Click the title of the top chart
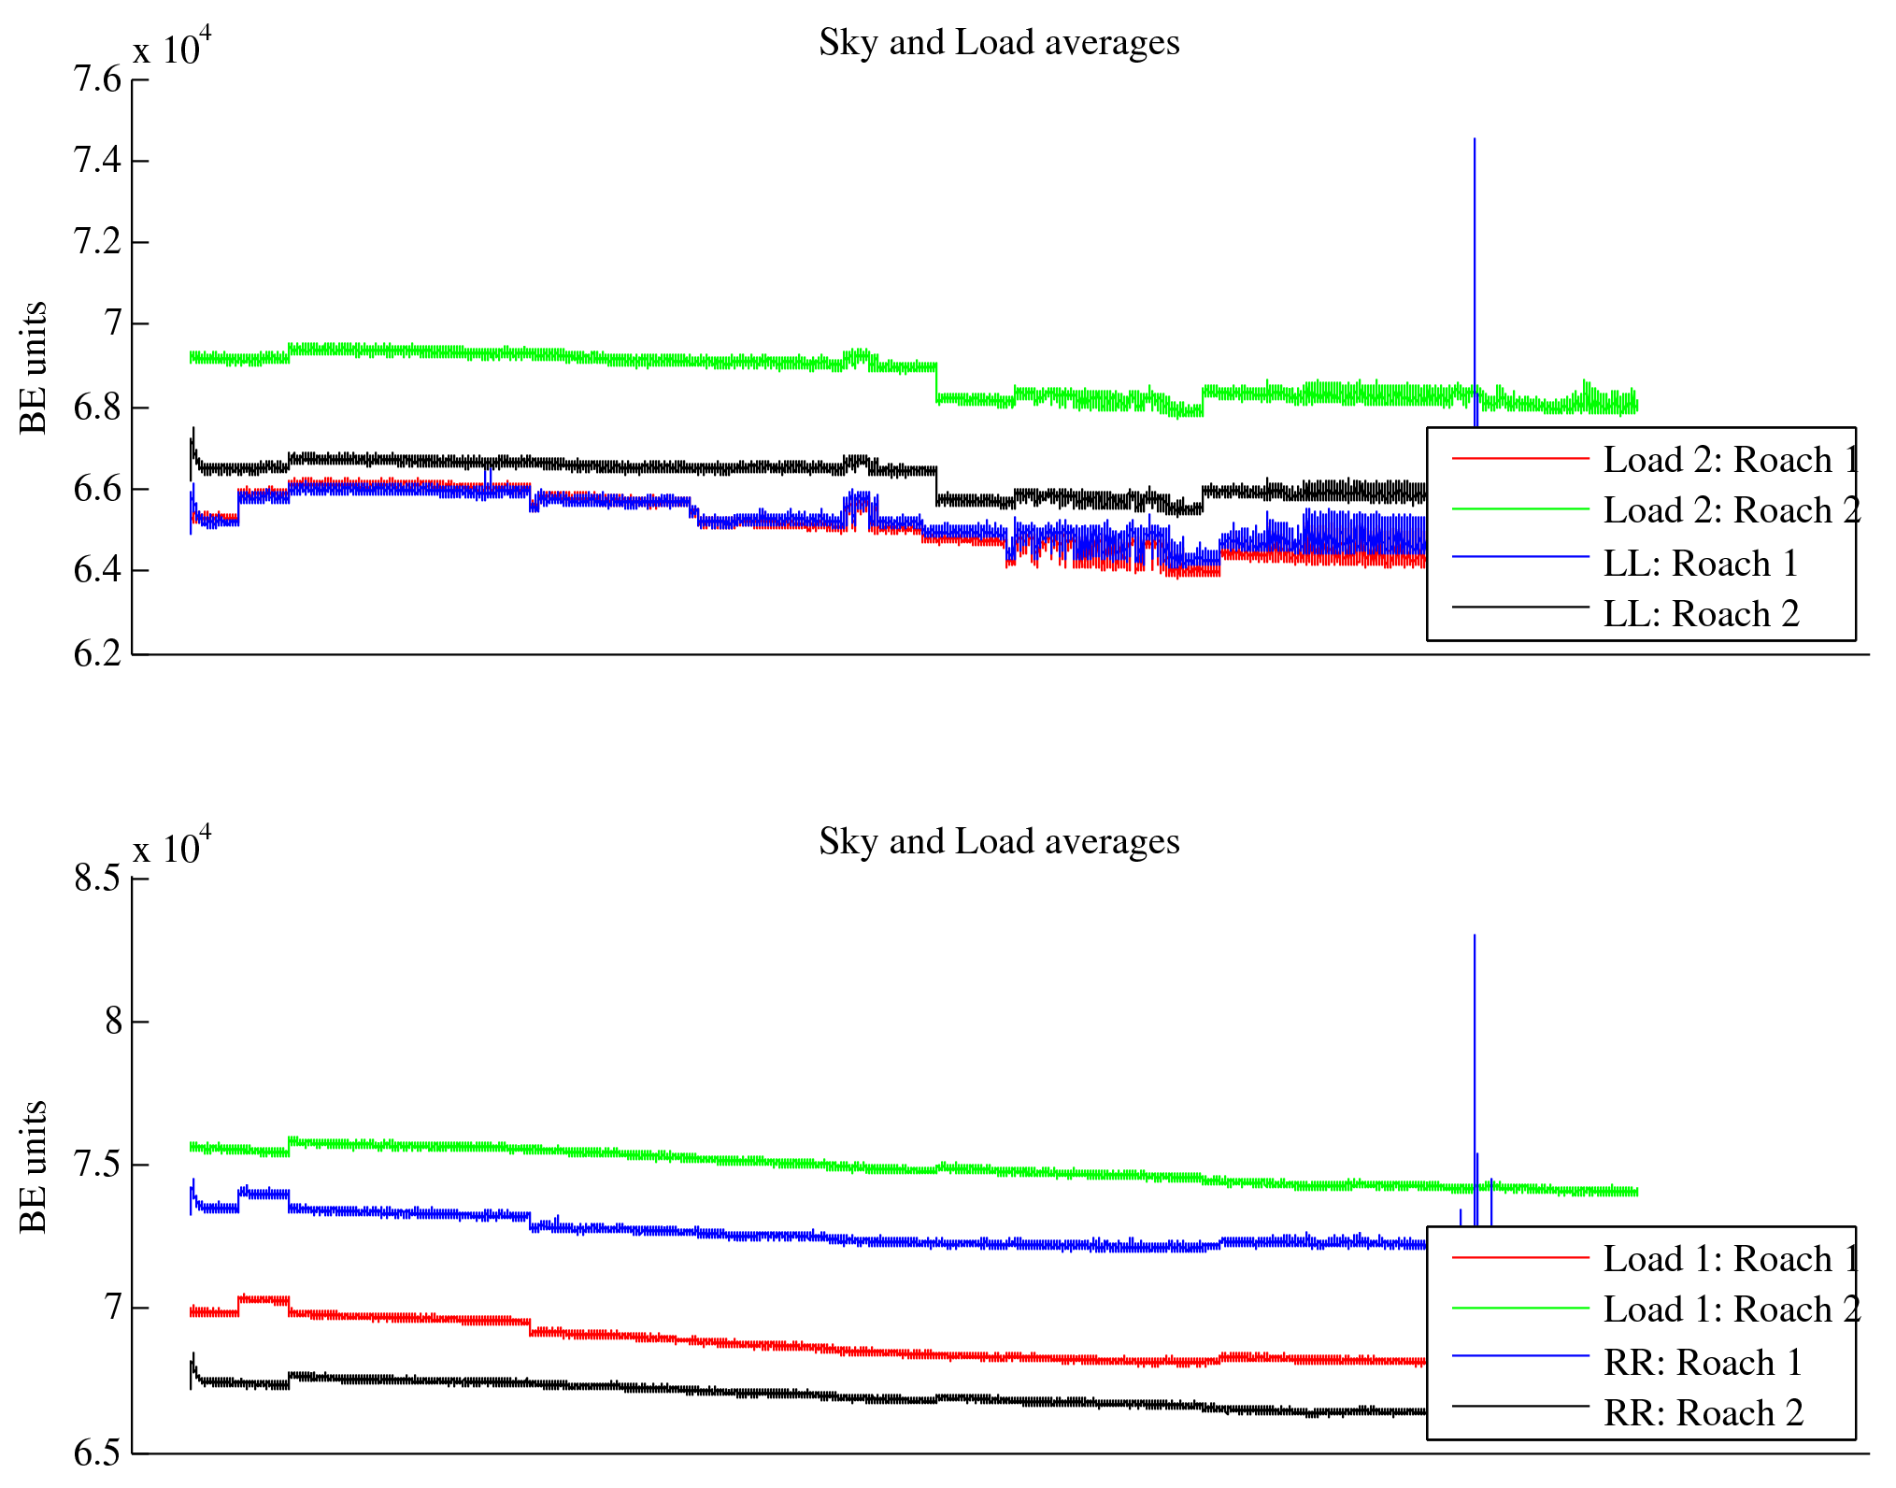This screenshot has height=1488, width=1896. click(999, 43)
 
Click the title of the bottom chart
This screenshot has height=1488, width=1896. click(999, 842)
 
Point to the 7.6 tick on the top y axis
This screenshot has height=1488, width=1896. click(97, 79)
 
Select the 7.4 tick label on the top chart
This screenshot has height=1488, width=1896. click(97, 161)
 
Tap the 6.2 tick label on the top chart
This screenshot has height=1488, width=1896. click(97, 653)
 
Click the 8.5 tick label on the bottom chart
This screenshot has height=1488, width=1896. click(97, 879)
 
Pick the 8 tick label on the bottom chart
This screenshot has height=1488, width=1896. click(113, 1021)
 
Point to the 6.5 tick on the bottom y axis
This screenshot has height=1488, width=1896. click(97, 1452)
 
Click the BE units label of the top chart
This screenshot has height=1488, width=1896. click(34, 367)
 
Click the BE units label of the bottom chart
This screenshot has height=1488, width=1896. click(34, 1166)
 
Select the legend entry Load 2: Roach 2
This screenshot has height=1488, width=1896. click(1732, 510)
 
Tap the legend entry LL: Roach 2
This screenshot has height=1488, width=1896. click(1701, 614)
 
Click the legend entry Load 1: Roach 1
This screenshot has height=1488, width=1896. click(1732, 1259)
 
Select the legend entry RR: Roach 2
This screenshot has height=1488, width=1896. click(1703, 1413)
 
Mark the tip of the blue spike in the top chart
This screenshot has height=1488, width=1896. click(1475, 139)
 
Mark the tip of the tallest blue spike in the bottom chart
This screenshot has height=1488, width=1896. click(1475, 935)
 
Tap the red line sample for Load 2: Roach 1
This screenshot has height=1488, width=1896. click(1520, 459)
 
